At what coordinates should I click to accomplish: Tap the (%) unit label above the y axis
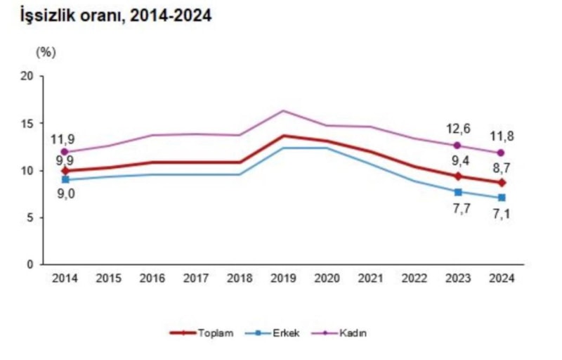coord(46,51)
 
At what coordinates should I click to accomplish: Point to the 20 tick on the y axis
coord(27,76)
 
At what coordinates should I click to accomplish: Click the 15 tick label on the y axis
coord(27,123)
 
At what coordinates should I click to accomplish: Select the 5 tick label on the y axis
coord(31,217)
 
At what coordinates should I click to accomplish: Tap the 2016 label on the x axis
coord(152,278)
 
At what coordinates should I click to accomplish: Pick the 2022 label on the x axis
coord(414,278)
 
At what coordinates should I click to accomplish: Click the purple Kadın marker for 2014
coord(65,152)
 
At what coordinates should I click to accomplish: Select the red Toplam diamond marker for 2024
coord(502,183)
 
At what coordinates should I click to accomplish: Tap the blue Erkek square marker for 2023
coord(458,192)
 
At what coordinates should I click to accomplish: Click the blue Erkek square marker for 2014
coord(65,179)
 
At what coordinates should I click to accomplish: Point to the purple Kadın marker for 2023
coord(458,146)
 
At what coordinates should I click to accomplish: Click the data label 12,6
coord(457,129)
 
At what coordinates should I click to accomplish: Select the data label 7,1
coord(502,214)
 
